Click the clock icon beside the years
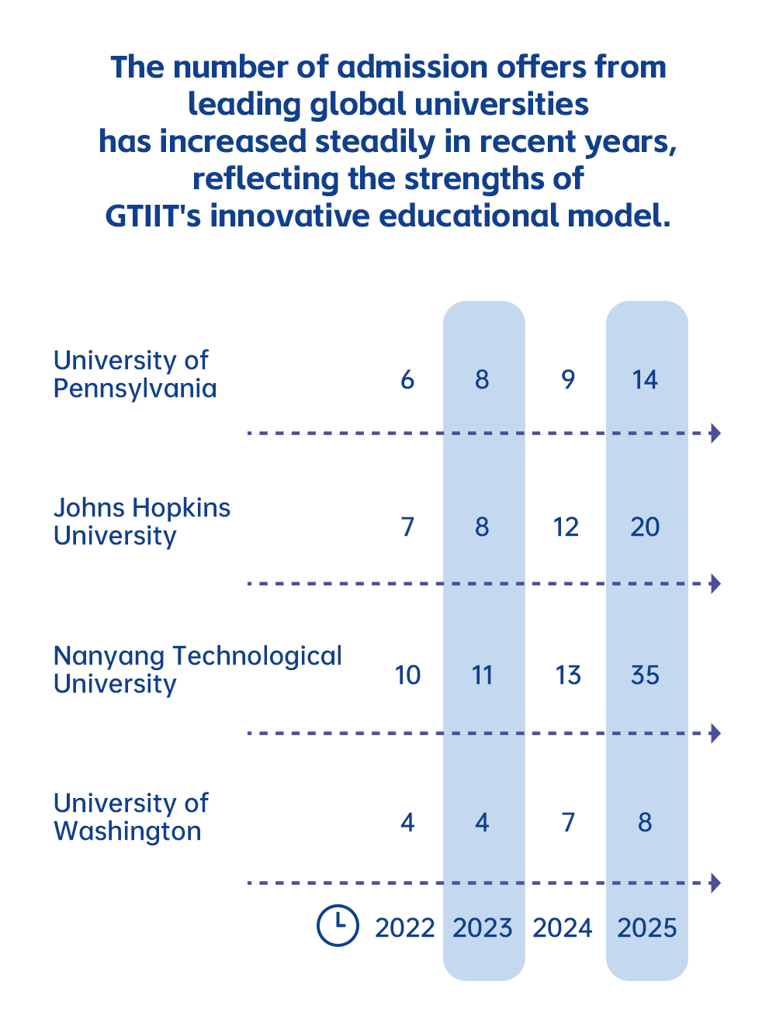coord(338,925)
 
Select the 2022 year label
coord(404,928)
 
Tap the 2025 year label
coord(646,928)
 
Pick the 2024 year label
coord(563,928)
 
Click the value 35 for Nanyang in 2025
coord(645,675)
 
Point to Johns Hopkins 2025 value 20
coord(645,527)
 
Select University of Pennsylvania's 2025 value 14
coord(645,380)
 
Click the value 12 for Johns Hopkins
coord(566,527)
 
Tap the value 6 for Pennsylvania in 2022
coord(407,380)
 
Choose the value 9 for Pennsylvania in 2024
coord(568,380)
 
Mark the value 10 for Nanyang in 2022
coord(407,675)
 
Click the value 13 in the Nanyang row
coord(568,675)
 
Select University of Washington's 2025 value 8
coord(645,822)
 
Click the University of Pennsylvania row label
coord(134,374)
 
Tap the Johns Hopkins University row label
coord(141,521)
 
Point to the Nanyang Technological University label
coord(197,669)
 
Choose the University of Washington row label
coord(130,817)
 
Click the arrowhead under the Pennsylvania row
coord(715,433)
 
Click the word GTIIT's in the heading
coord(153,216)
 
